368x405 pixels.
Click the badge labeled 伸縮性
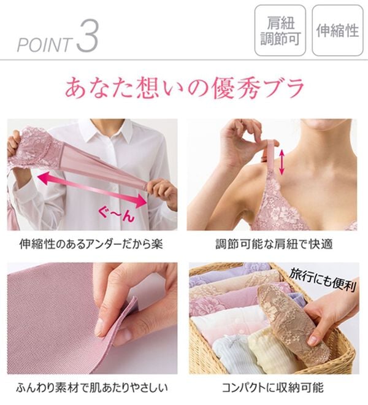[x=337, y=30]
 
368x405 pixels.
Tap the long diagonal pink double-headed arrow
[x=92, y=190]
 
